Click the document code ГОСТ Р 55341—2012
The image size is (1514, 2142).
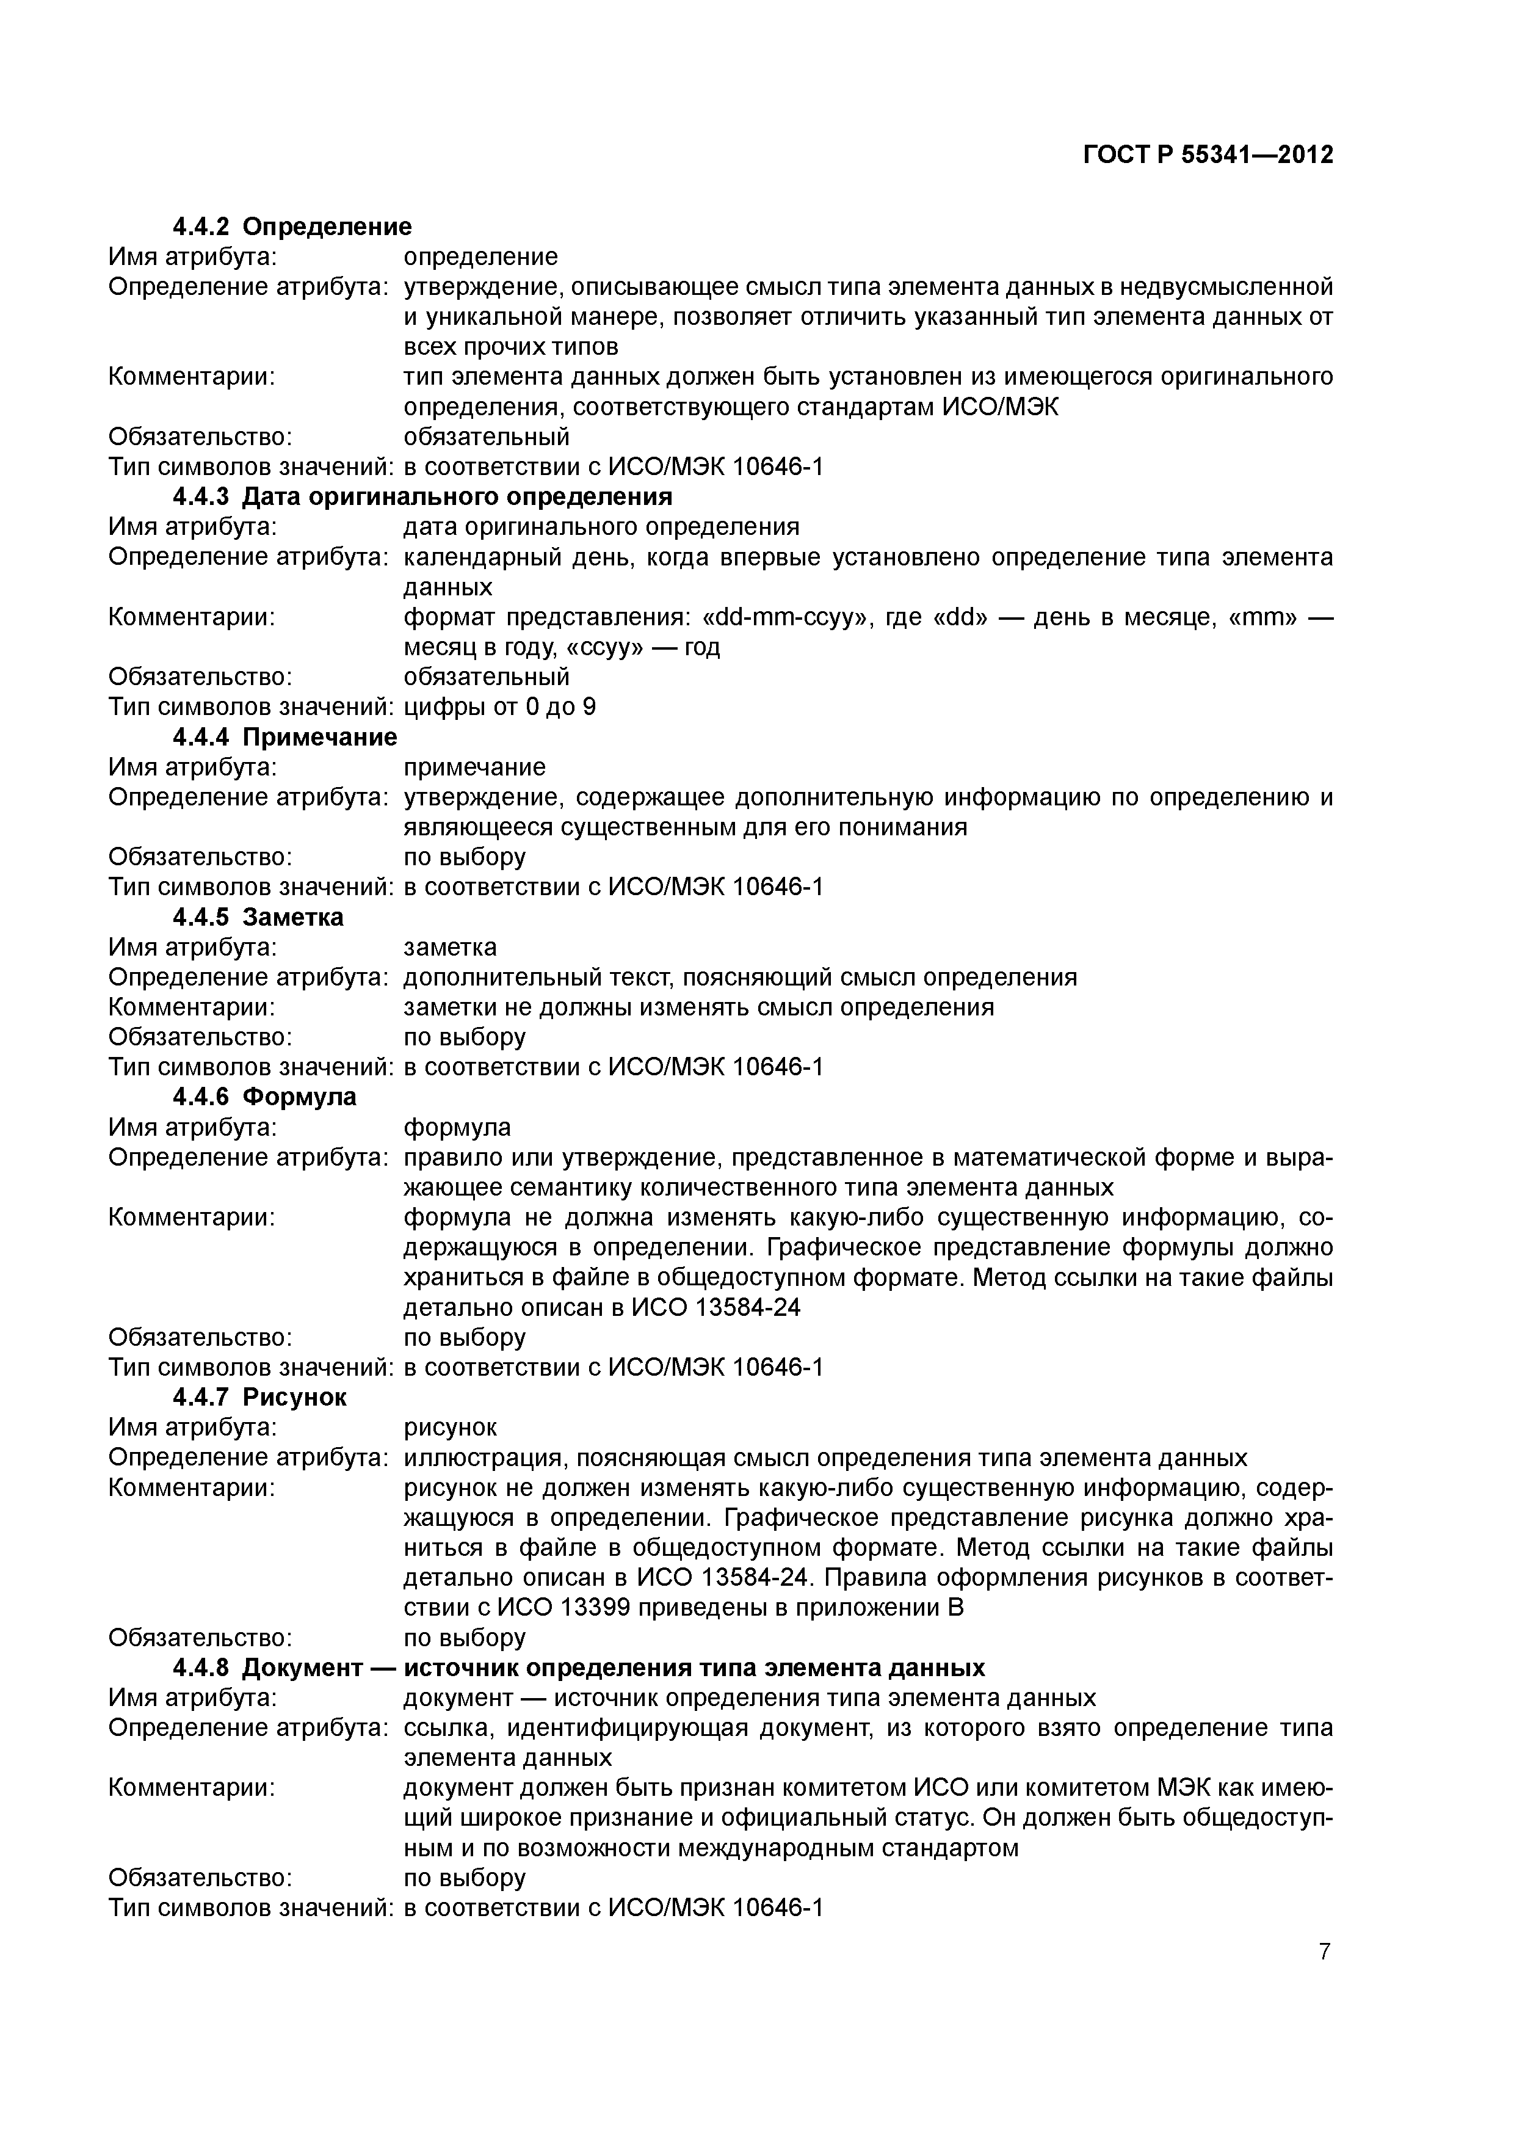(1208, 155)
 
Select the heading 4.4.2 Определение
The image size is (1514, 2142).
(292, 227)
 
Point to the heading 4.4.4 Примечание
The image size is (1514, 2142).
(284, 737)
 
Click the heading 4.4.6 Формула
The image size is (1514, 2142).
(264, 1096)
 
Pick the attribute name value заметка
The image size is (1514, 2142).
(450, 947)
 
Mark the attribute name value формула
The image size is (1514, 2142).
(457, 1127)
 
